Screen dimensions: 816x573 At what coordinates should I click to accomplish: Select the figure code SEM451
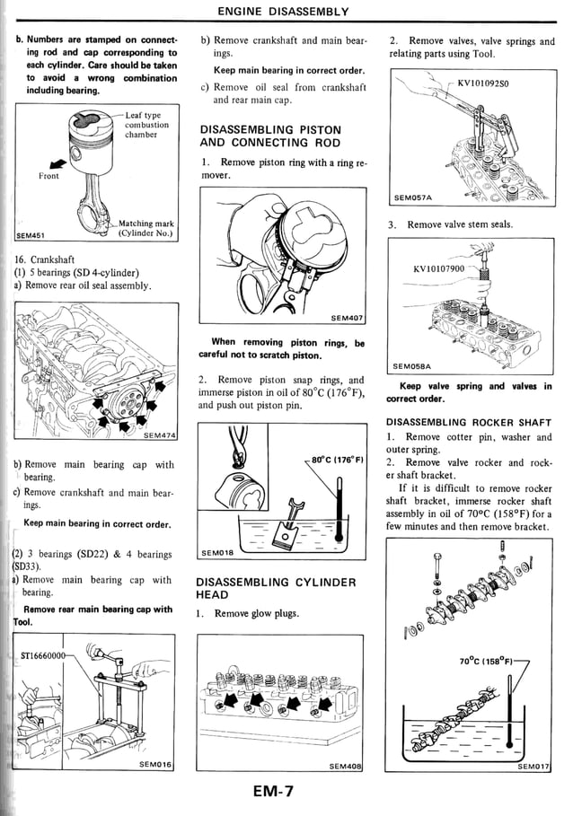[32, 237]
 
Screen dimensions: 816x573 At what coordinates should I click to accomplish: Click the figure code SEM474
[159, 436]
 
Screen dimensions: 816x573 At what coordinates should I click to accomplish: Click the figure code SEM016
[156, 764]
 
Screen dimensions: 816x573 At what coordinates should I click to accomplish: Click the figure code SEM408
[345, 766]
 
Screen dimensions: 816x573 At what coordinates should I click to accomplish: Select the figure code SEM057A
[413, 197]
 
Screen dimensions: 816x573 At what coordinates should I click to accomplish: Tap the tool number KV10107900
[438, 268]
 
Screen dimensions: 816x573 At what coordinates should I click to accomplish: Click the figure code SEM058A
[412, 366]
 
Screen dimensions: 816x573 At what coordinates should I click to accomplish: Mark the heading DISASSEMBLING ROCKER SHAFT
[468, 422]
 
